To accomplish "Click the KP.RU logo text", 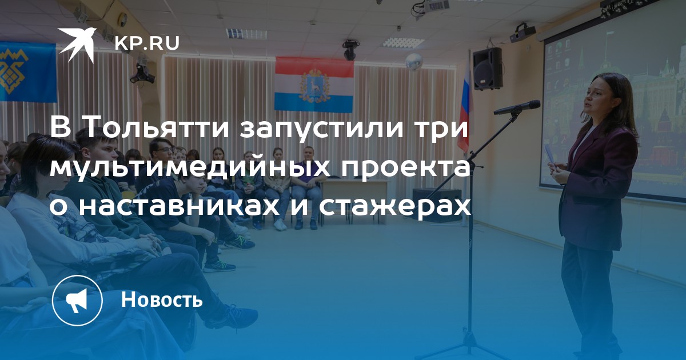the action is pyautogui.click(x=147, y=43).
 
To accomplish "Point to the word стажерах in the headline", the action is pyautogui.click(x=395, y=207).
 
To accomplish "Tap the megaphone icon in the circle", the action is pyautogui.click(x=77, y=301).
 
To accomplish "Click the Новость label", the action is pyautogui.click(x=162, y=299).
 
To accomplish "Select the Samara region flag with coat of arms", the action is pyautogui.click(x=314, y=84).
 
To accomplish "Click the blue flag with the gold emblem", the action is pyautogui.click(x=27, y=72).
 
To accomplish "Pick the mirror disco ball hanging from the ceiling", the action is pyautogui.click(x=414, y=62).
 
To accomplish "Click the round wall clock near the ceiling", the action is pyautogui.click(x=122, y=19).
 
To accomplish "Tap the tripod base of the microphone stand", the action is pyautogui.click(x=469, y=346).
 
